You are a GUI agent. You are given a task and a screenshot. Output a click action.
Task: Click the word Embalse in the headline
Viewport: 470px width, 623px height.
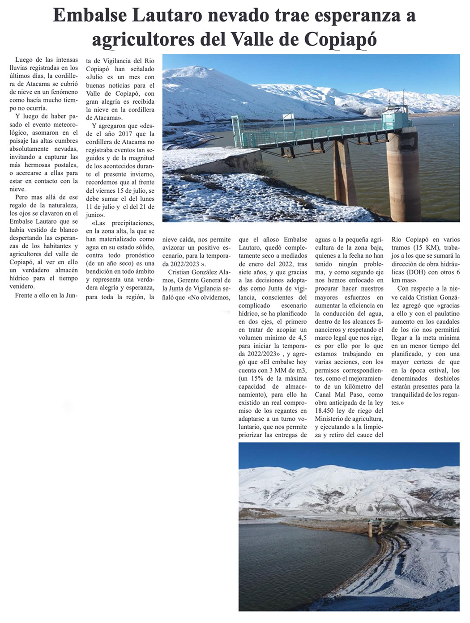[88, 16]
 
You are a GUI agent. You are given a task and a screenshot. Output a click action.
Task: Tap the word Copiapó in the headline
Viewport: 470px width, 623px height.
[340, 39]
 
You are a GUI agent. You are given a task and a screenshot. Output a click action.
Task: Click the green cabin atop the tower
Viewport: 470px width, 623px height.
[396, 118]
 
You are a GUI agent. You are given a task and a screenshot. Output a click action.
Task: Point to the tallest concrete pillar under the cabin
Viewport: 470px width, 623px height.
[403, 174]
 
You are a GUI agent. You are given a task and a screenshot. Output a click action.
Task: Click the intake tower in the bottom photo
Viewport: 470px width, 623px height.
[370, 528]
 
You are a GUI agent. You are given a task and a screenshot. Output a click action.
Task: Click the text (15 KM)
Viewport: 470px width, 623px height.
[425, 247]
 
